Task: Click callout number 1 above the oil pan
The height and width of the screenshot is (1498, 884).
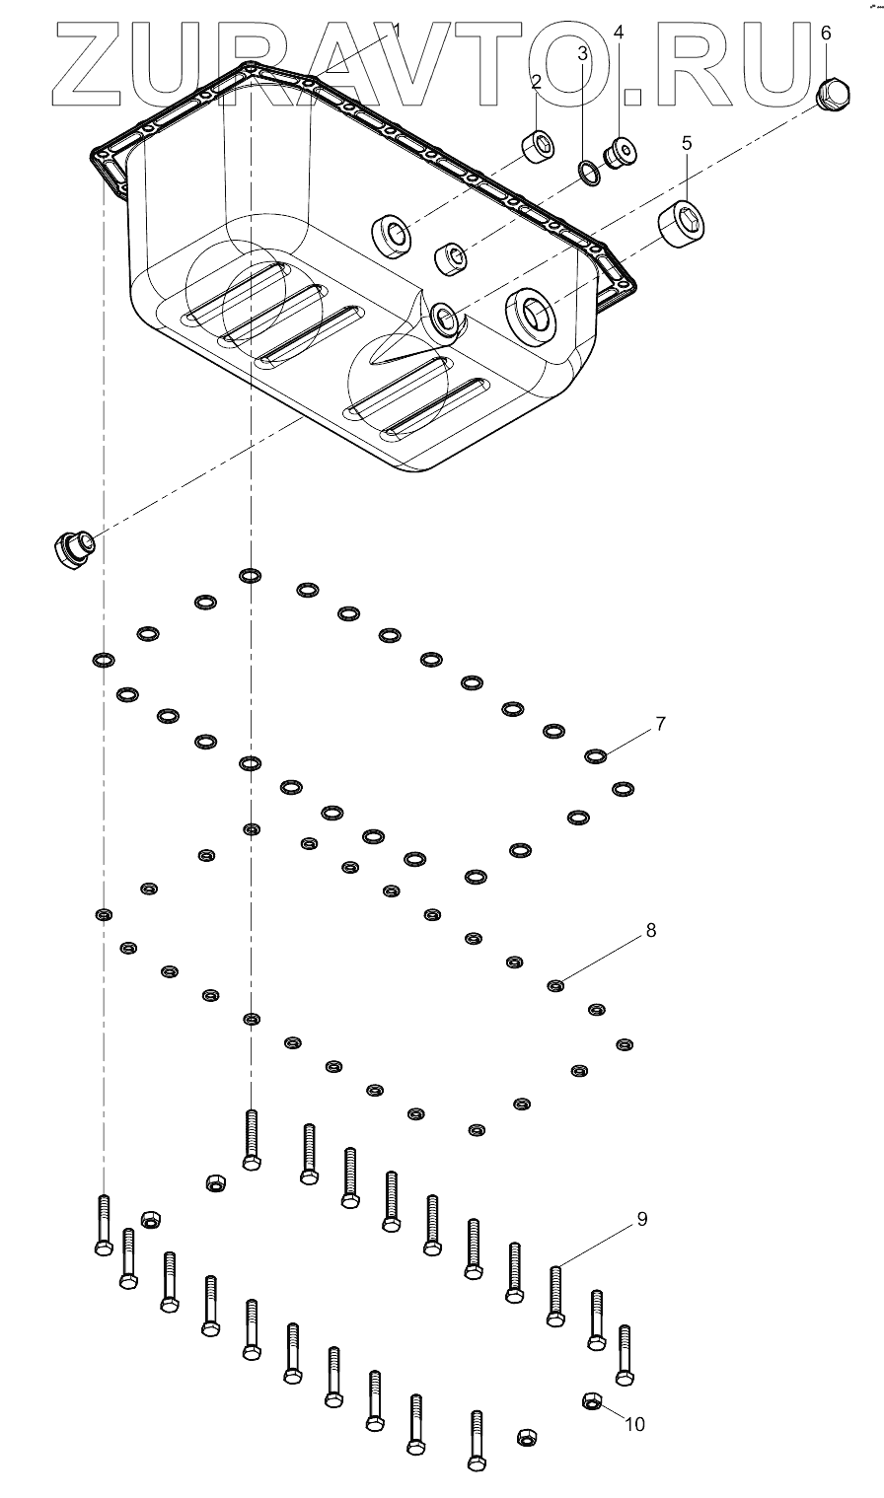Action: (x=396, y=30)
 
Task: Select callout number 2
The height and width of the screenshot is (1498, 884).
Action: (x=536, y=82)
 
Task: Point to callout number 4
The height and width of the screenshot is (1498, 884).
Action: (x=619, y=32)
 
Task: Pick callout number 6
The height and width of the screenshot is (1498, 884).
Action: (x=826, y=33)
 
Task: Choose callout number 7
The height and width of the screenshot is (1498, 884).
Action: (x=660, y=723)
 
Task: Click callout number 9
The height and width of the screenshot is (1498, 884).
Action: (x=641, y=1219)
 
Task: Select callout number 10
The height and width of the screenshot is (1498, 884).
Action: (x=634, y=1424)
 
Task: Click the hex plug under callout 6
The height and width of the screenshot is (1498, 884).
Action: (x=833, y=93)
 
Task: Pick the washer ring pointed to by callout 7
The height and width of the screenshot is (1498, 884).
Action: (x=595, y=756)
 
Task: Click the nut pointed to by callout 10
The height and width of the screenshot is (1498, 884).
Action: (x=592, y=1400)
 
